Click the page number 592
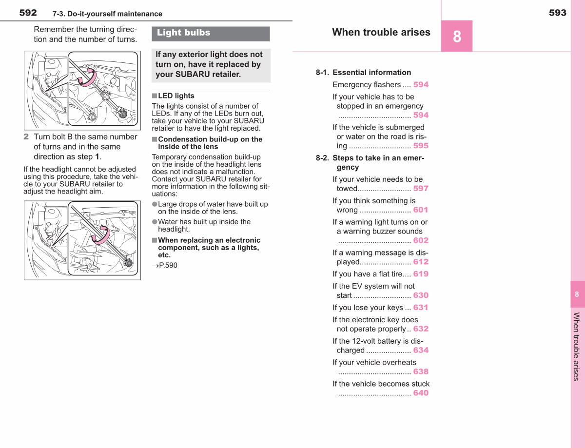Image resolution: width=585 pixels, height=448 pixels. [x=28, y=13]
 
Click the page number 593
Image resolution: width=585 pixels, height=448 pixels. [x=558, y=13]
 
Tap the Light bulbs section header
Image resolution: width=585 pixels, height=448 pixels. [x=184, y=33]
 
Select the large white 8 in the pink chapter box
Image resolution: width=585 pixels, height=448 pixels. [x=457, y=37]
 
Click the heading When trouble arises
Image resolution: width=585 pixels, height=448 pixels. [x=381, y=32]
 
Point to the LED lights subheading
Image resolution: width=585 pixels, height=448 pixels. [x=176, y=96]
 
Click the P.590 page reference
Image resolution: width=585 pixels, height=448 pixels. [x=165, y=265]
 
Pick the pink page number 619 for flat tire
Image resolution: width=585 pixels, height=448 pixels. [x=421, y=274]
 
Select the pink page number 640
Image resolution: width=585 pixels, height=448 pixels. [x=421, y=393]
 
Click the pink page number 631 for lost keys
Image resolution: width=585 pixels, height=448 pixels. [x=421, y=307]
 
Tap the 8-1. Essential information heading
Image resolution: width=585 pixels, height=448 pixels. [x=364, y=72]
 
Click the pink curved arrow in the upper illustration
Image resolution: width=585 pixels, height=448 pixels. [x=87, y=77]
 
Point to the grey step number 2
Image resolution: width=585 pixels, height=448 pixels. [x=26, y=136]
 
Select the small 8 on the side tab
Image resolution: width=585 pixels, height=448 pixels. [x=577, y=294]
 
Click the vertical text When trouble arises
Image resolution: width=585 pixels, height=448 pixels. [x=576, y=347]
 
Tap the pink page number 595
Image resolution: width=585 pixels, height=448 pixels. [x=421, y=146]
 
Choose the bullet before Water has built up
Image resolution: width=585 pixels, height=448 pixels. [x=155, y=222]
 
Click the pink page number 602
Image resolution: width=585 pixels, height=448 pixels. [x=421, y=240]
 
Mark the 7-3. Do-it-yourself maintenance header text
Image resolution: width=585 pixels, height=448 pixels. [x=107, y=14]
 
